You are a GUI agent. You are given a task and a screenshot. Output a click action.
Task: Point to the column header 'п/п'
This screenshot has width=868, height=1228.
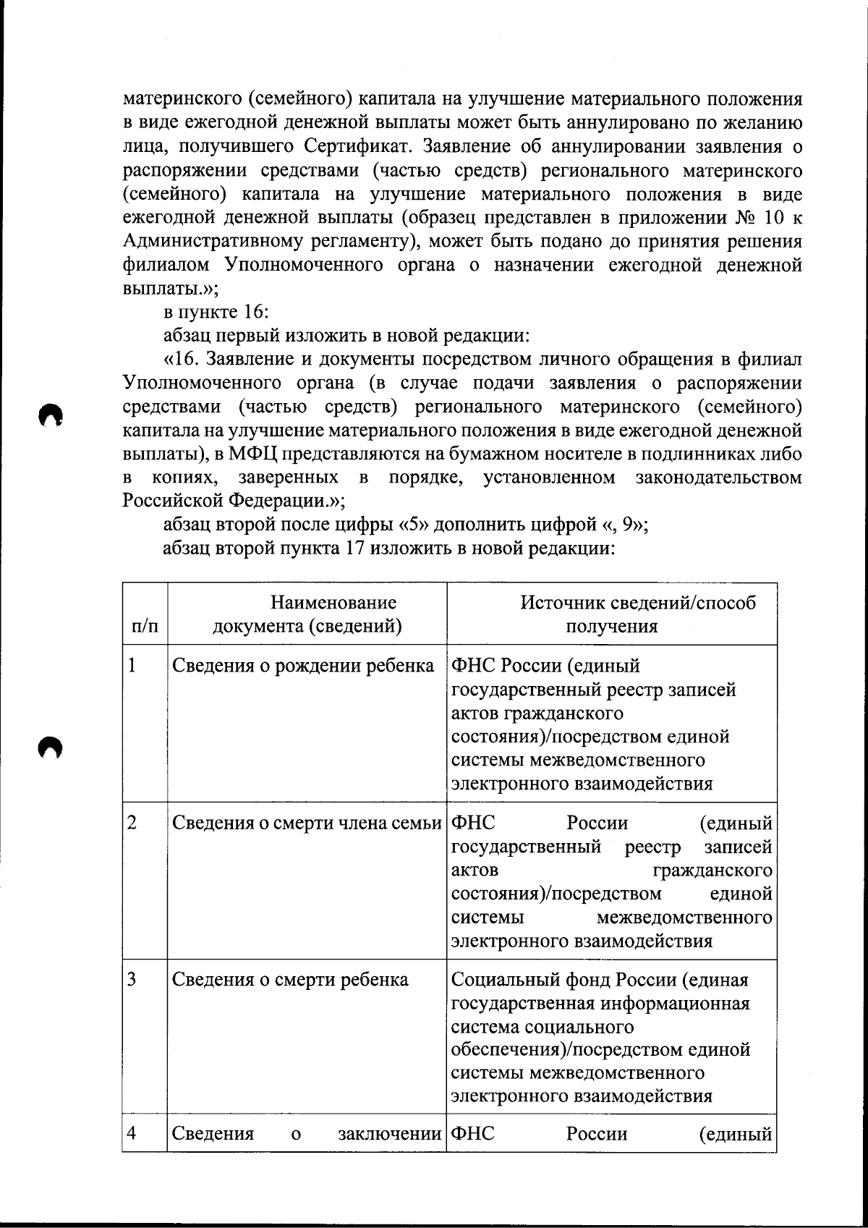pyautogui.click(x=145, y=625)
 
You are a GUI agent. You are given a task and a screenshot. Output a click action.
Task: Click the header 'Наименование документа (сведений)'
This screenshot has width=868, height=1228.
pyautogui.click(x=307, y=614)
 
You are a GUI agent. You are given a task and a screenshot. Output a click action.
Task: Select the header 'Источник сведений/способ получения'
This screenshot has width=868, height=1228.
pyautogui.click(x=612, y=614)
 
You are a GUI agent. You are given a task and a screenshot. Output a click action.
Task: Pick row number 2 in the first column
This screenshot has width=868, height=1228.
pyautogui.click(x=133, y=823)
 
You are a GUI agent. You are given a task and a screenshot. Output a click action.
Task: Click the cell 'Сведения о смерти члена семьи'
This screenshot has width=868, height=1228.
pyautogui.click(x=307, y=823)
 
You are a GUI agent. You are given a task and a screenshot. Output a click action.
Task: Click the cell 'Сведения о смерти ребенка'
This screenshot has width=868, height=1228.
pyautogui.click(x=290, y=980)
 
